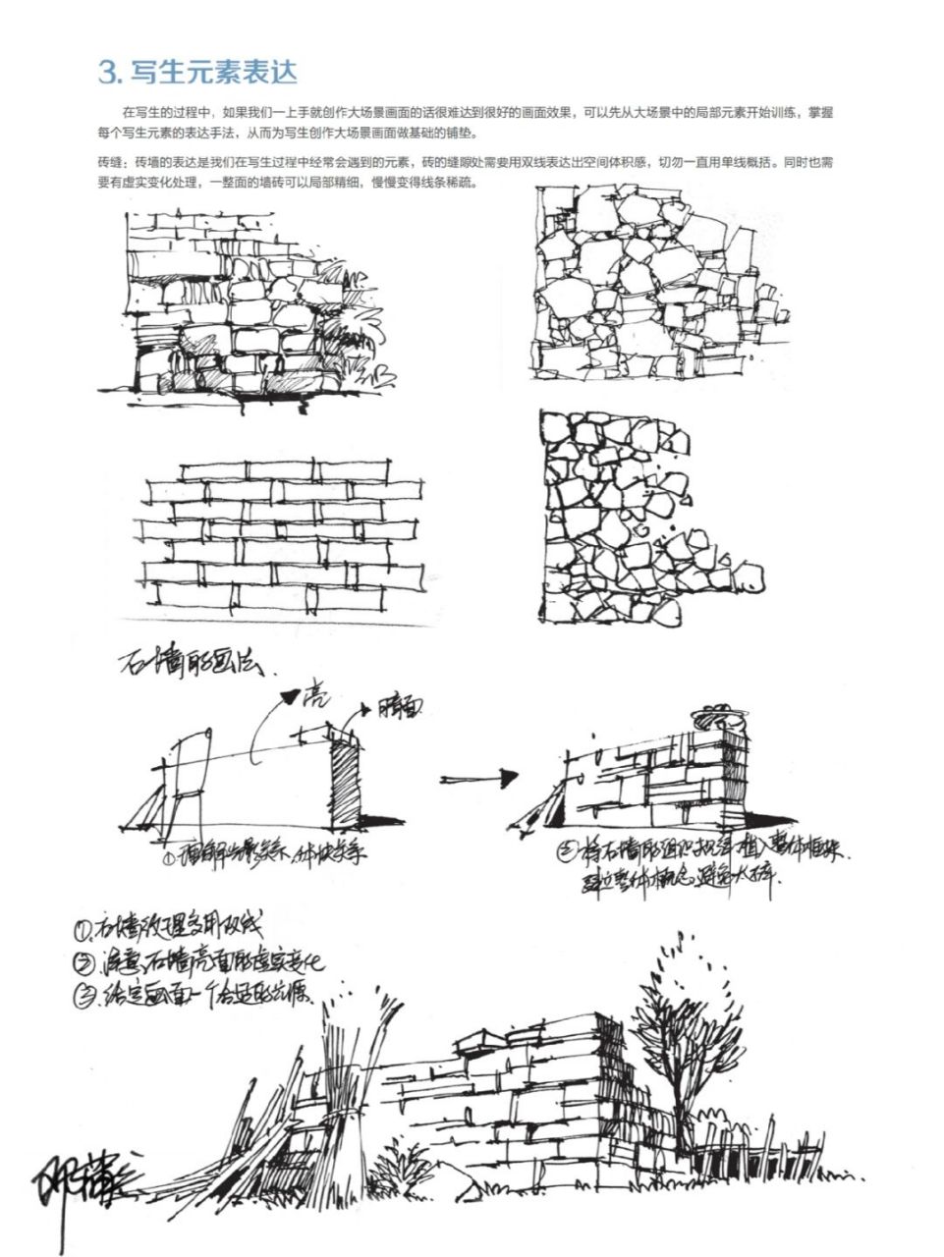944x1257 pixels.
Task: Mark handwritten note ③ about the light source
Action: [196, 995]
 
